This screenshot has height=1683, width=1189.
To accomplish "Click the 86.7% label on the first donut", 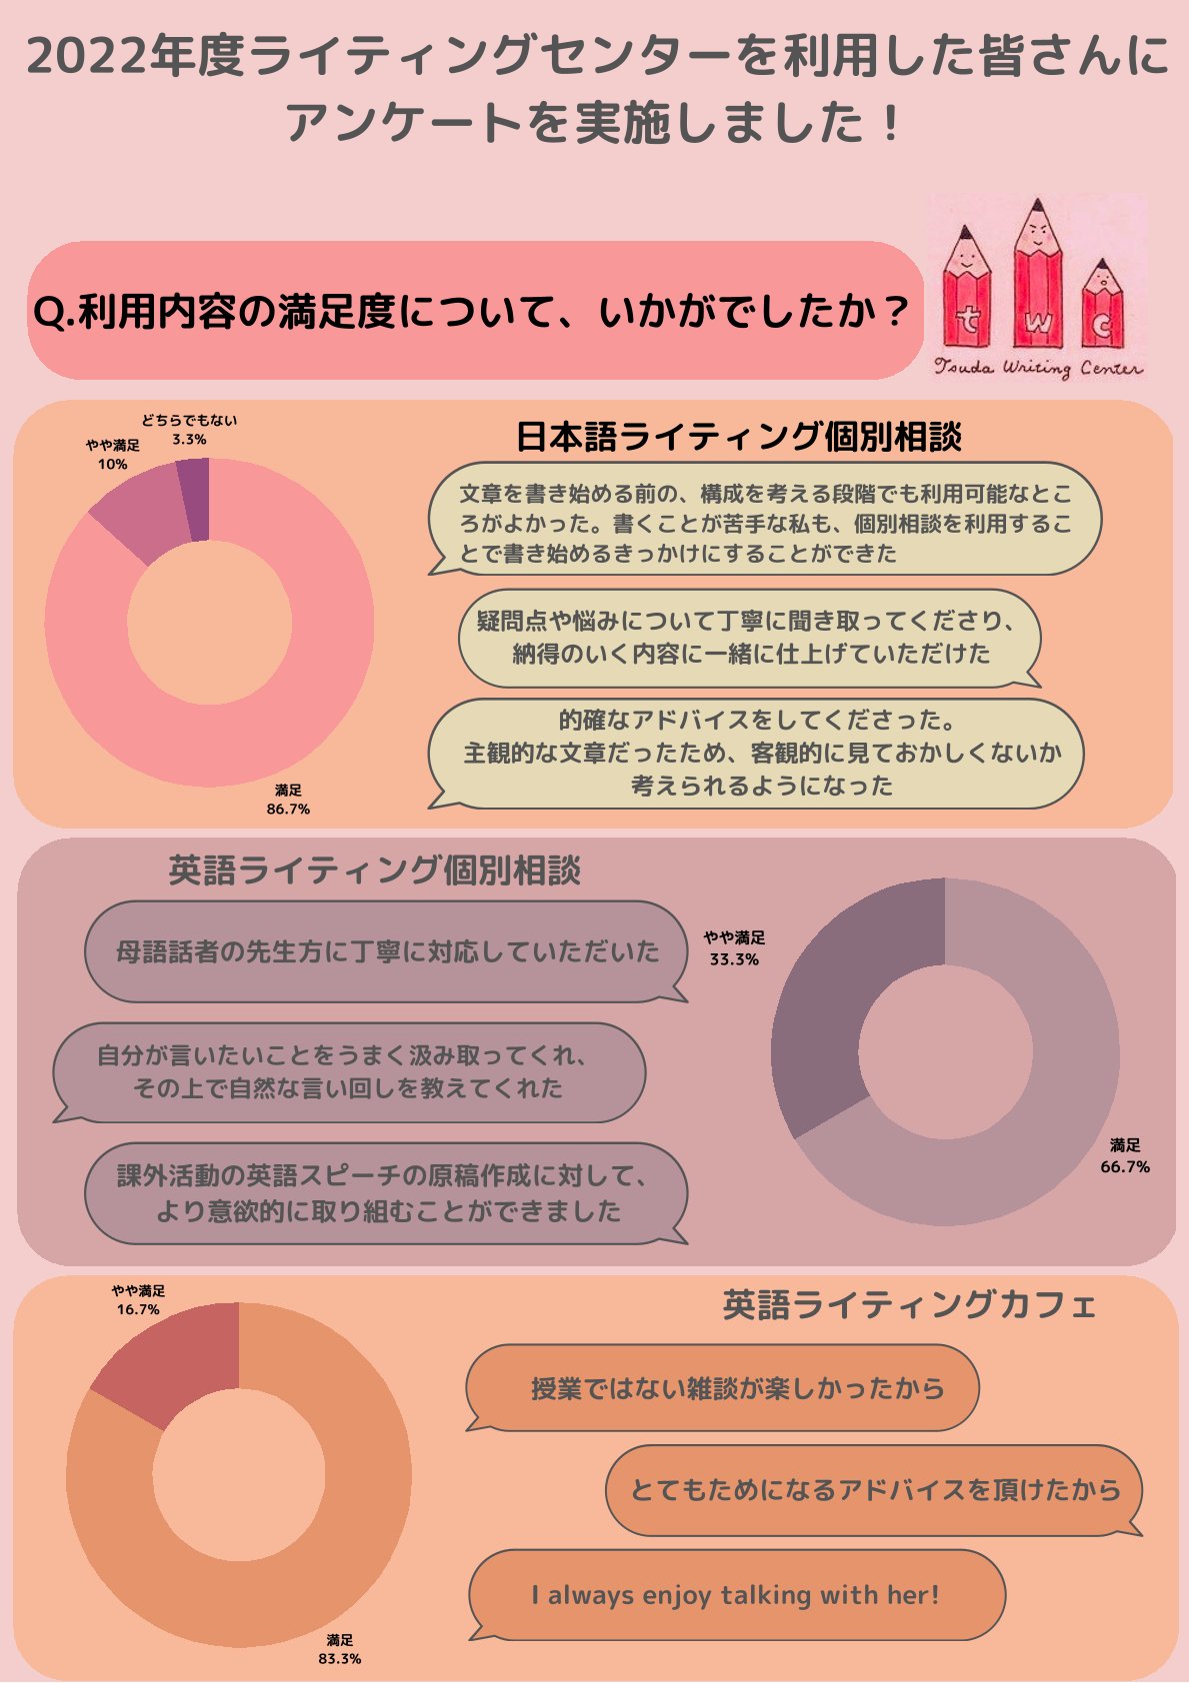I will (288, 801).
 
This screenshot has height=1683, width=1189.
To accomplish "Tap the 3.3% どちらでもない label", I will (189, 430).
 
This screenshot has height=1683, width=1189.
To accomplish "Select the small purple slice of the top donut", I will (195, 499).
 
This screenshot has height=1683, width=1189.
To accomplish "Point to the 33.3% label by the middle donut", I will (734, 948).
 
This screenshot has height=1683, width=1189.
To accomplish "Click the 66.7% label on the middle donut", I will (1125, 1156).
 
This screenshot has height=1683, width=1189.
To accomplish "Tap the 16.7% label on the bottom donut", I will (138, 1300).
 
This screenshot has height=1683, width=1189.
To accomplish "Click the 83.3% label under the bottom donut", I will (340, 1649).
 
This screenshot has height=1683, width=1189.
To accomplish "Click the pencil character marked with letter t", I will (967, 295).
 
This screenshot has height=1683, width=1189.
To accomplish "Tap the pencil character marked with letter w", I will (1038, 280).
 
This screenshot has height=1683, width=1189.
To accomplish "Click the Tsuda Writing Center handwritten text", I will (1038, 368).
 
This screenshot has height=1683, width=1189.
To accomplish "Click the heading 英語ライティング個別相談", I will (374, 870).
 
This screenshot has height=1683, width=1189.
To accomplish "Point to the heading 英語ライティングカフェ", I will (909, 1304).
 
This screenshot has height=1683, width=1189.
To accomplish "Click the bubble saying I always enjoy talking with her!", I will (736, 1594).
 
